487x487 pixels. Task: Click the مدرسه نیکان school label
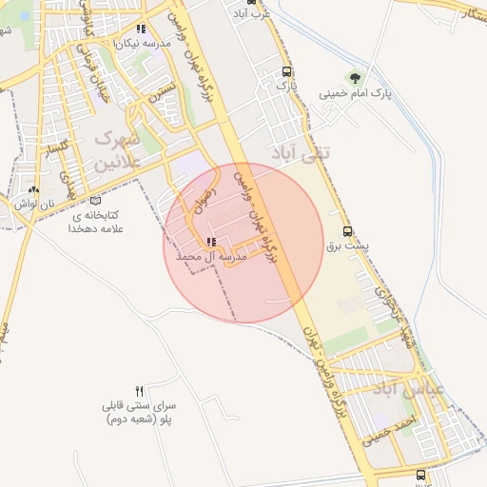143,44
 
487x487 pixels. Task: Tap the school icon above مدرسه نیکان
142,29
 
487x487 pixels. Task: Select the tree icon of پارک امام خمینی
355,77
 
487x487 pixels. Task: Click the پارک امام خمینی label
355,93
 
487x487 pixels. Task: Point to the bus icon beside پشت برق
347,231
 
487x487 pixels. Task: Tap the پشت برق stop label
347,245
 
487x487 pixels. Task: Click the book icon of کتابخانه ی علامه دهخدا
94,200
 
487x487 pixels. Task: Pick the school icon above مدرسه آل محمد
210,243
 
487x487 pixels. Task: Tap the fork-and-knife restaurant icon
140,391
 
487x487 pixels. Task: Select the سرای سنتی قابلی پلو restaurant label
140,411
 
